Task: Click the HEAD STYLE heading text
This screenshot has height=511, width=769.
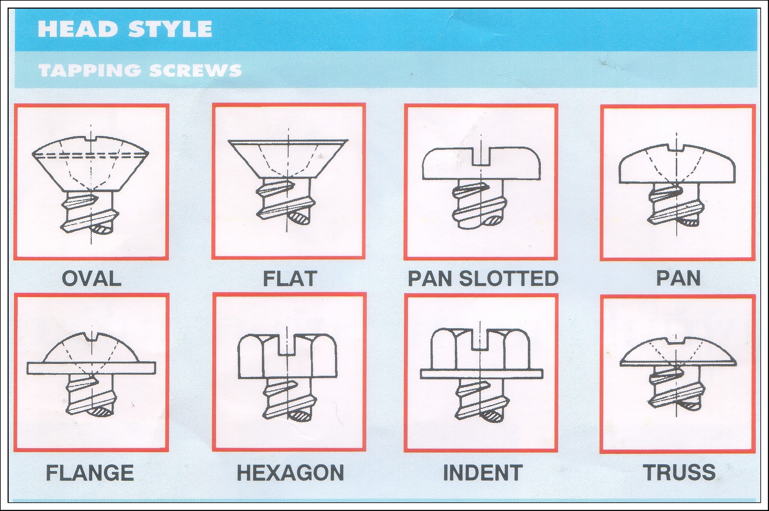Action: [x=125, y=29]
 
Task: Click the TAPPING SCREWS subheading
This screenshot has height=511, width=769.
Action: [x=140, y=70]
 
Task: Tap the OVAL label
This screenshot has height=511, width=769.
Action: [x=91, y=278]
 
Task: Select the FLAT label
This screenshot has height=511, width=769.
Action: [x=290, y=278]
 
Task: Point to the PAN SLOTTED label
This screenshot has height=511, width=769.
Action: [x=483, y=278]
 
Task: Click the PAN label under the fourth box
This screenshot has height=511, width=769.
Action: [x=679, y=278]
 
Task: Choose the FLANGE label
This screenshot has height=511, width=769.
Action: [x=90, y=473]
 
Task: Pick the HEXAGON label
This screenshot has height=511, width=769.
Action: [x=290, y=473]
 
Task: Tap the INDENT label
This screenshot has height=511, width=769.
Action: [x=483, y=473]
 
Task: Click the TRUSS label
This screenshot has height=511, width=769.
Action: [x=679, y=472]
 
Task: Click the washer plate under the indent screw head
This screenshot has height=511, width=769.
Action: [x=481, y=374]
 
